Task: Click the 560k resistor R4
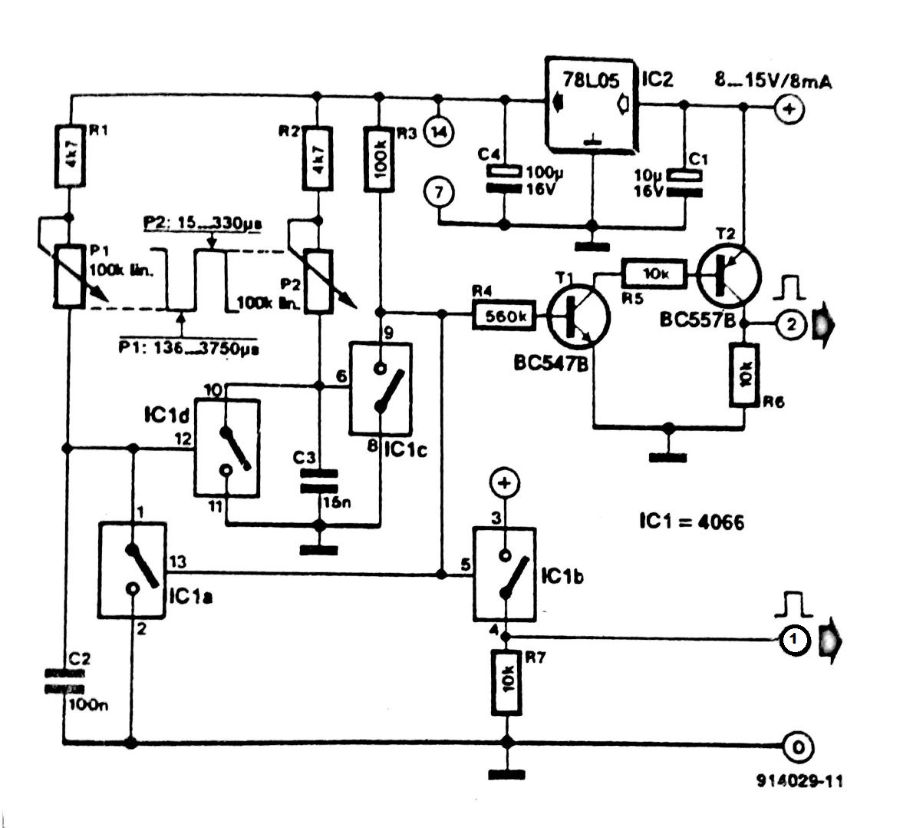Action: (x=504, y=314)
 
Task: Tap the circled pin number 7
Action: (x=439, y=192)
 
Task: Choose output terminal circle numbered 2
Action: (x=791, y=325)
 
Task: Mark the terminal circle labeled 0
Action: (x=798, y=745)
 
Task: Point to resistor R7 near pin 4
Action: (x=505, y=682)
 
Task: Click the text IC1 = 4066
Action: (x=691, y=522)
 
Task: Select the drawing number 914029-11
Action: (x=799, y=780)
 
